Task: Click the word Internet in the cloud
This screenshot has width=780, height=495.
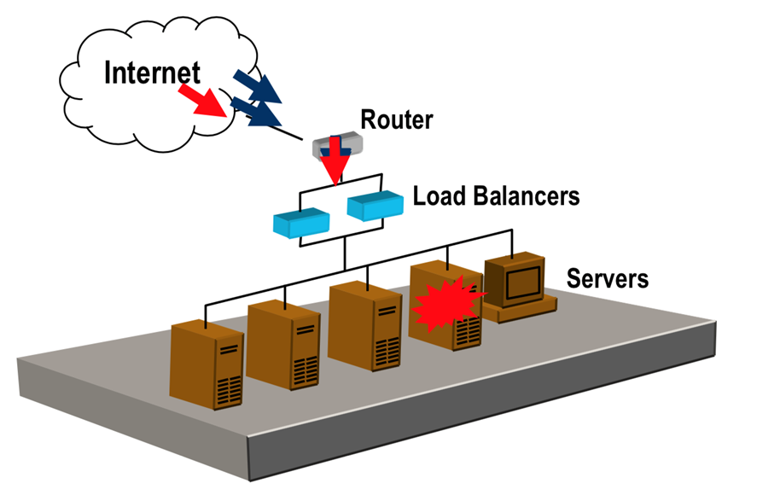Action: point(152,73)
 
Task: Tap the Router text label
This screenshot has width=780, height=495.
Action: point(396,119)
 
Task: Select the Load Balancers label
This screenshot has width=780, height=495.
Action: point(496,196)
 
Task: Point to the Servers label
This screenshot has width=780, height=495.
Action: point(608,278)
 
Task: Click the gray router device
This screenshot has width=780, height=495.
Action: point(336,146)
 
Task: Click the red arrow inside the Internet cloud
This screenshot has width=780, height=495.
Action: point(204,102)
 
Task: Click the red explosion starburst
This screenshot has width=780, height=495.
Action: point(446,303)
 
